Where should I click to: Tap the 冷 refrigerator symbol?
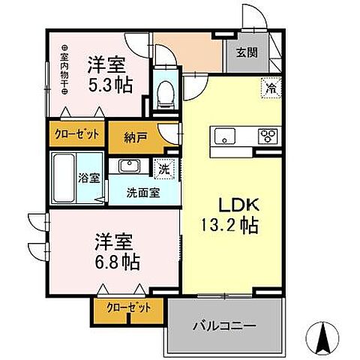tap(269, 88)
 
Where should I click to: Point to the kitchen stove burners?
tap(267, 136)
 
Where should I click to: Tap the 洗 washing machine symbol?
tap(163, 169)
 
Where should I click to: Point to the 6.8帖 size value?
tap(117, 263)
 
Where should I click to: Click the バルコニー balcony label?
tap(223, 326)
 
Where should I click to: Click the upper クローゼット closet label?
tap(76, 135)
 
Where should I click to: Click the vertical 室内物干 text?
tap(64, 68)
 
